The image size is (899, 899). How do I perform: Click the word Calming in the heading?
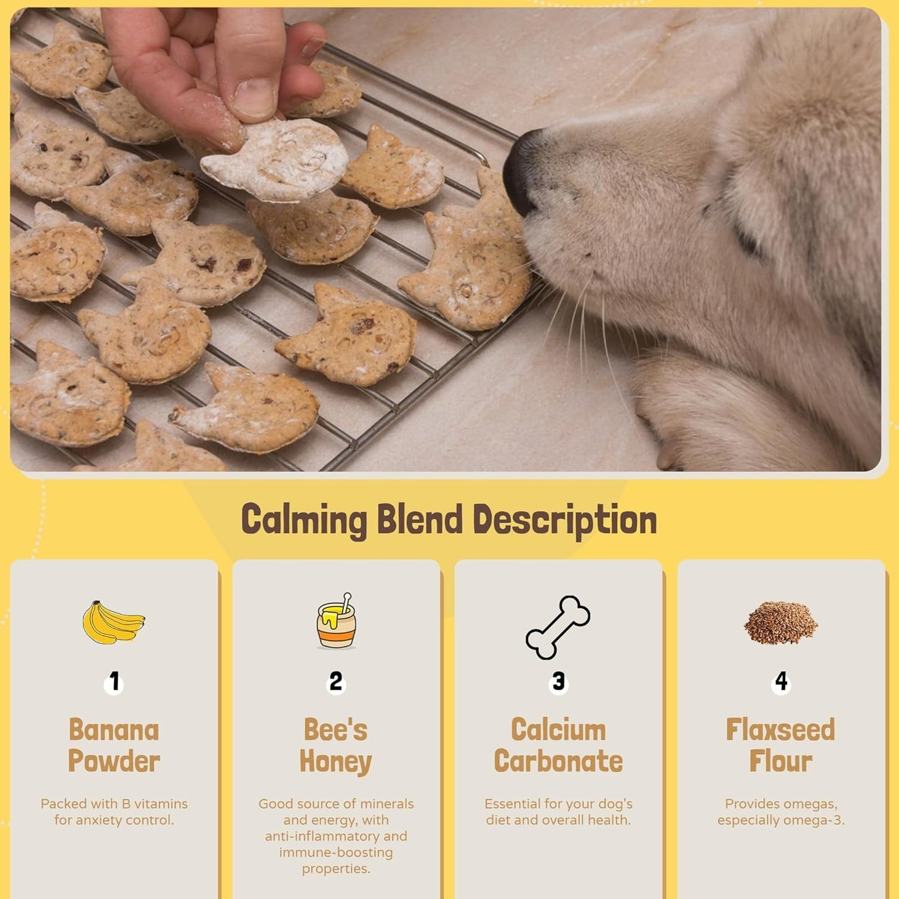click(304, 520)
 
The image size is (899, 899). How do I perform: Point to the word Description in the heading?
click(564, 520)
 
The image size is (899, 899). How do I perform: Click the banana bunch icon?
click(113, 622)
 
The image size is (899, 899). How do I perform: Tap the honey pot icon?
click(336, 622)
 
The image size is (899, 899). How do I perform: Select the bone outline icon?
click(558, 627)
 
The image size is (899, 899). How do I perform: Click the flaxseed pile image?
click(781, 622)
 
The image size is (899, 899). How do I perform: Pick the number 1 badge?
click(114, 682)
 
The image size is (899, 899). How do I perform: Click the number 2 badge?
click(336, 682)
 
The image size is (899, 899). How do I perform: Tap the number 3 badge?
click(559, 682)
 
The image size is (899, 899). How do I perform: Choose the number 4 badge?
click(781, 682)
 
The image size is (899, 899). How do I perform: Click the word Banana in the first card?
click(114, 730)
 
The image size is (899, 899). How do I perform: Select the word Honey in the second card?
click(336, 762)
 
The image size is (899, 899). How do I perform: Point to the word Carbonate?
click(558, 762)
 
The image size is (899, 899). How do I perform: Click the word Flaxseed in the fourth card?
click(781, 730)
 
